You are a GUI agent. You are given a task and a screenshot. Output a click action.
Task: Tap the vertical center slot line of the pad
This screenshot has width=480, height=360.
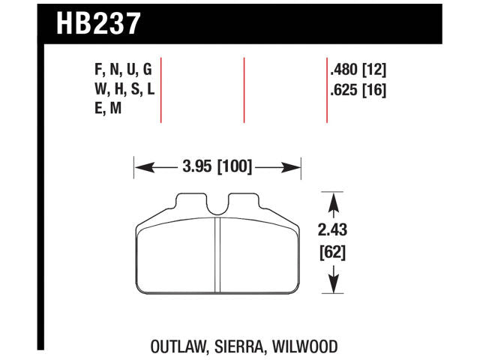tap(217, 255)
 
